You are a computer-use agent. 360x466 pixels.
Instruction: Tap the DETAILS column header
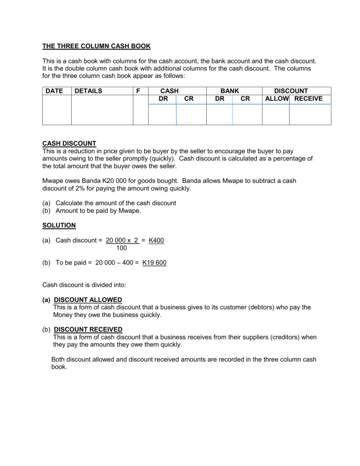88,91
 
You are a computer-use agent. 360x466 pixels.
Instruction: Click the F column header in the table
140,91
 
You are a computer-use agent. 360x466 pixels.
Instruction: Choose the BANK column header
230,91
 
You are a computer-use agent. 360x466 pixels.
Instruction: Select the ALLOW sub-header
277,98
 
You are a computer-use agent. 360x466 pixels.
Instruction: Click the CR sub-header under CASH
190,98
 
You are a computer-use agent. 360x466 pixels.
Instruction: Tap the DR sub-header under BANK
219,98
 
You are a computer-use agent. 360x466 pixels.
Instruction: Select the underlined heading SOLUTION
59,225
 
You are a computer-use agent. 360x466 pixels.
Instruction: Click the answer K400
156,241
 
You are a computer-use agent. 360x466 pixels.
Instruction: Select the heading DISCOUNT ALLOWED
88,300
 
